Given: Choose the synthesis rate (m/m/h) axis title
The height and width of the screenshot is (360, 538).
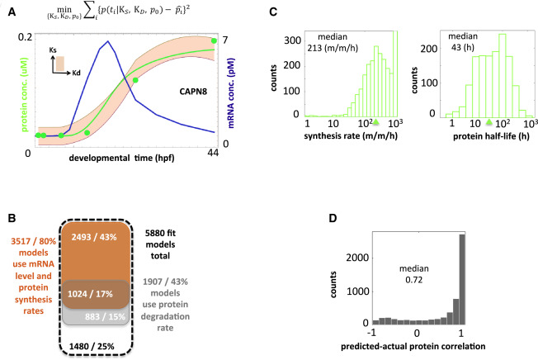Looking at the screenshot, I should [x=342, y=135].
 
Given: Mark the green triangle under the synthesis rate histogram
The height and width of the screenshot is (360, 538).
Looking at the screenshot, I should [x=375, y=121].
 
